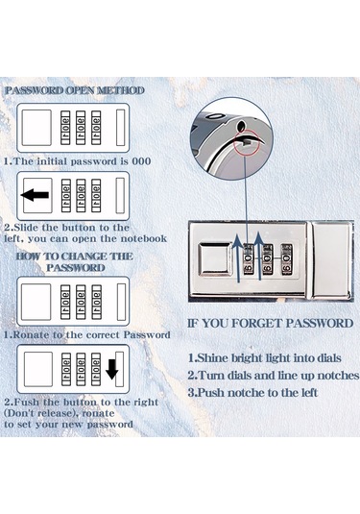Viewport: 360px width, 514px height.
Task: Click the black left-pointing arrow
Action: [36, 195]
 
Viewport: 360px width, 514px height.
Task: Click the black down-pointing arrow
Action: [112, 369]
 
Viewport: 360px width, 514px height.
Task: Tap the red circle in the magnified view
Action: [247, 142]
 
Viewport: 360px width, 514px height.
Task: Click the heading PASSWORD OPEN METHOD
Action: [75, 90]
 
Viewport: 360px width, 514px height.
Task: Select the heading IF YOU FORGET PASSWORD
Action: [271, 324]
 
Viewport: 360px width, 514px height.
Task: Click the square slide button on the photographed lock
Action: [214, 258]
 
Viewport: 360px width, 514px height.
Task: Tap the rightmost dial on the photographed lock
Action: [287, 259]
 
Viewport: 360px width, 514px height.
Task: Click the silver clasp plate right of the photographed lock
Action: [331, 259]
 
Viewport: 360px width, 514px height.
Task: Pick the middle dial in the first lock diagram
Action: [81, 128]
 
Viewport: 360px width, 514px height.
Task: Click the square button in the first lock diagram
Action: [36, 128]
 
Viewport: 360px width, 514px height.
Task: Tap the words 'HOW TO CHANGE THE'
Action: [75, 256]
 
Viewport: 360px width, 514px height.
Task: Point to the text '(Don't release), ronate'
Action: [59, 413]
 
